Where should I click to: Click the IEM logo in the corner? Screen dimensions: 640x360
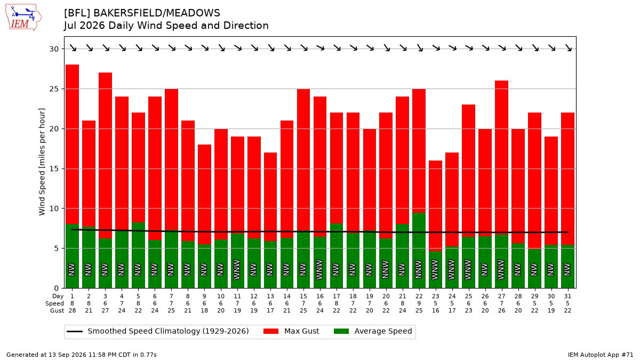[x=23, y=18]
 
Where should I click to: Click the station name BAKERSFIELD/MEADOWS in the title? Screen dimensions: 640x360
[x=157, y=13]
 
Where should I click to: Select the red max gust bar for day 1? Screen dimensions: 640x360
[x=73, y=145]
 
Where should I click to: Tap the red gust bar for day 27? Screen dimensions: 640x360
[x=501, y=158]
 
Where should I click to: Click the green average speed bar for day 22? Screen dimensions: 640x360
[x=419, y=251]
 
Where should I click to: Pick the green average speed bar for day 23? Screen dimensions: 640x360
[x=435, y=270]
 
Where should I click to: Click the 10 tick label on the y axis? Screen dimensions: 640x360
[x=54, y=209]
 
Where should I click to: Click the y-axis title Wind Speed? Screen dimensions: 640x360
[x=42, y=162]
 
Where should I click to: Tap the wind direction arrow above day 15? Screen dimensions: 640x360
[x=303, y=47]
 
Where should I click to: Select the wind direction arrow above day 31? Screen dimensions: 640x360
[x=567, y=47]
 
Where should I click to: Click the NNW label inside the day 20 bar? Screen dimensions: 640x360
[x=386, y=269]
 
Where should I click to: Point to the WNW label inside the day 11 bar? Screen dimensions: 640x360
[x=237, y=269]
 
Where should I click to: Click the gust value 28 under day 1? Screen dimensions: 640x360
[x=73, y=310]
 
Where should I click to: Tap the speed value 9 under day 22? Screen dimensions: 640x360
[x=419, y=303]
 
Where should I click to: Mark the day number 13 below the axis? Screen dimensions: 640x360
[x=270, y=297]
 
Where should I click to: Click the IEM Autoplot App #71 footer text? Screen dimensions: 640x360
[x=601, y=355]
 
